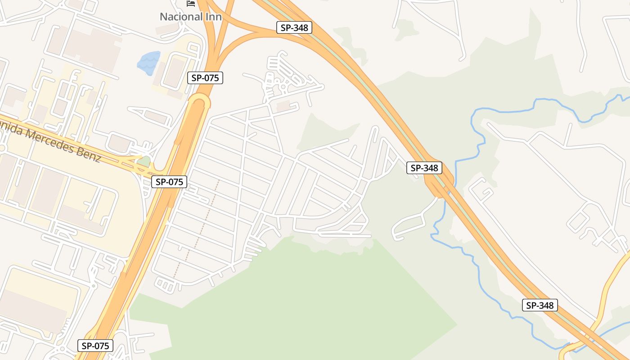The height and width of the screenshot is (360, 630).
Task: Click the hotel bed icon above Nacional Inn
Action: click(191, 4)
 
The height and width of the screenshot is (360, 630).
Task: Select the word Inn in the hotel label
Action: click(212, 17)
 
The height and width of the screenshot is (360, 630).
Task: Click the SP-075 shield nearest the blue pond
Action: click(205, 78)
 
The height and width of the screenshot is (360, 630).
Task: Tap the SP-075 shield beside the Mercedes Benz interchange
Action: click(169, 182)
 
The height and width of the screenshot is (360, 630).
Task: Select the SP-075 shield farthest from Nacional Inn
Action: click(95, 346)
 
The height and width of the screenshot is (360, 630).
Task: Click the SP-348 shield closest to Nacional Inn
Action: click(294, 27)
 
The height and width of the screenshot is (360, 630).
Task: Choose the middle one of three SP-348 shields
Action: click(424, 168)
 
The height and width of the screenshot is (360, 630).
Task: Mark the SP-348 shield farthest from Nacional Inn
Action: click(540, 305)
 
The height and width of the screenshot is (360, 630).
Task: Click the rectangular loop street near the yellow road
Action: click(578, 220)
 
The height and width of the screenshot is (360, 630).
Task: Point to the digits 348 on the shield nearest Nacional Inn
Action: click(300, 27)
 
